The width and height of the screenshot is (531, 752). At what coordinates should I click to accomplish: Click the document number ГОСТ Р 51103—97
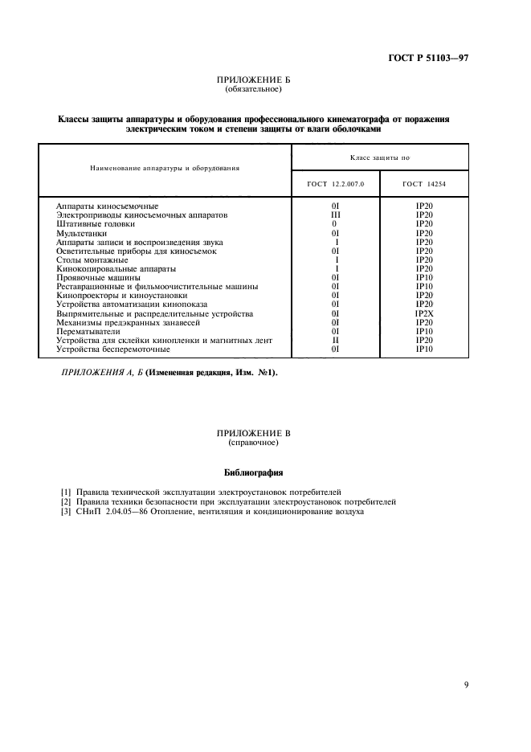429,59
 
